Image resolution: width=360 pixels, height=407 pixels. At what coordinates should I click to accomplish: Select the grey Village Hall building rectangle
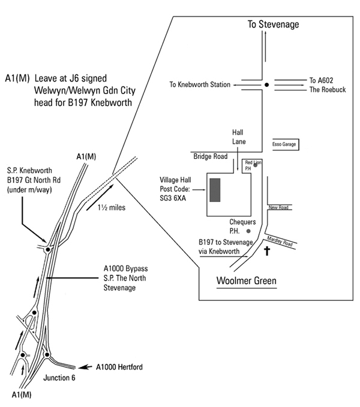click(215, 189)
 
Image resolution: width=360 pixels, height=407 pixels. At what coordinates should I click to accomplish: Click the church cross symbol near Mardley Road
click(267, 251)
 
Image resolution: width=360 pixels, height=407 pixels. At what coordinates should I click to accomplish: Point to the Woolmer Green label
click(245, 281)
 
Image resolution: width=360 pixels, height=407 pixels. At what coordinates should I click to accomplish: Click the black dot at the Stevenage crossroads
click(266, 85)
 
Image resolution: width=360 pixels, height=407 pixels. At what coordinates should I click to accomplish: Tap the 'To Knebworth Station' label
click(200, 85)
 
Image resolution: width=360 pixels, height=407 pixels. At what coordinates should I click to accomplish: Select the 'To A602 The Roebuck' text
click(328, 85)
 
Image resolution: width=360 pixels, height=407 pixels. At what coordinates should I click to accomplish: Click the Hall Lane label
click(240, 137)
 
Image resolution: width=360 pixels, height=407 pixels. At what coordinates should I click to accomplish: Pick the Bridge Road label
click(210, 156)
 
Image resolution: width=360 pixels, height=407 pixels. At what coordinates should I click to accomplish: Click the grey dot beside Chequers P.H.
click(249, 230)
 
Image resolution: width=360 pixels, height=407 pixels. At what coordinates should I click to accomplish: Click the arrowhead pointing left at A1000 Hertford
click(84, 366)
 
